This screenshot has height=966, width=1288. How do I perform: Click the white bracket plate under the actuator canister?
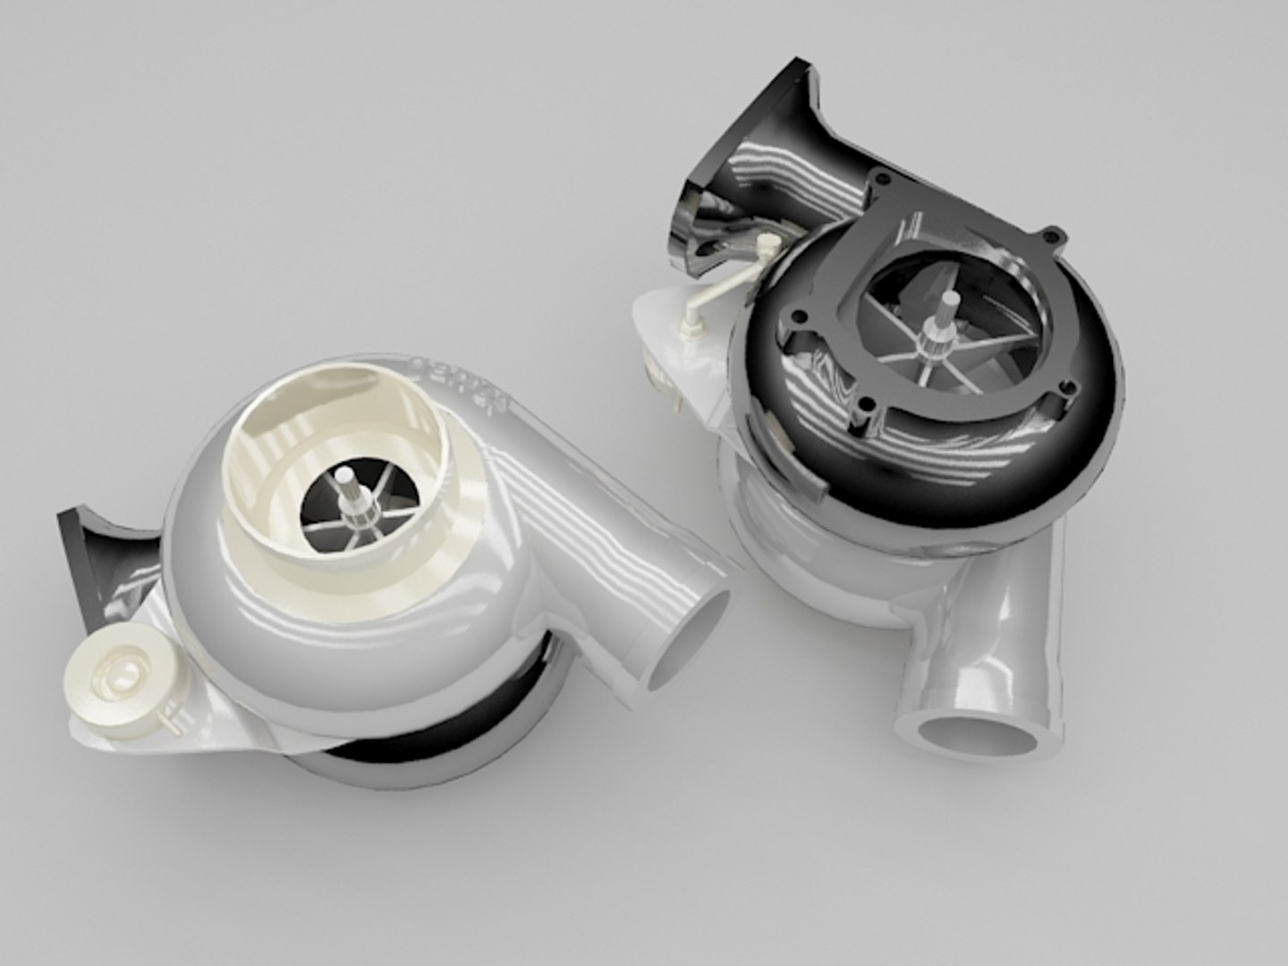(206, 716)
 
